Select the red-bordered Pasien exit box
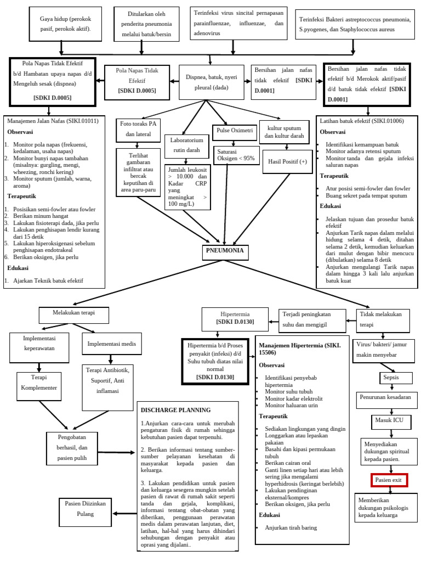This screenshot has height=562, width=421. pyautogui.click(x=389, y=480)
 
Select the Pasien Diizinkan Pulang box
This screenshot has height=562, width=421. pyautogui.click(x=85, y=510)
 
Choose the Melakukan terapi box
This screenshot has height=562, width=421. pyautogui.click(x=74, y=313)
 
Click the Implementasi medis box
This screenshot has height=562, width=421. pyautogui.click(x=111, y=344)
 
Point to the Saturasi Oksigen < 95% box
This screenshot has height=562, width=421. pyautogui.click(x=236, y=155)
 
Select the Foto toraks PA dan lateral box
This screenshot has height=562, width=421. pyautogui.click(x=138, y=128)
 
